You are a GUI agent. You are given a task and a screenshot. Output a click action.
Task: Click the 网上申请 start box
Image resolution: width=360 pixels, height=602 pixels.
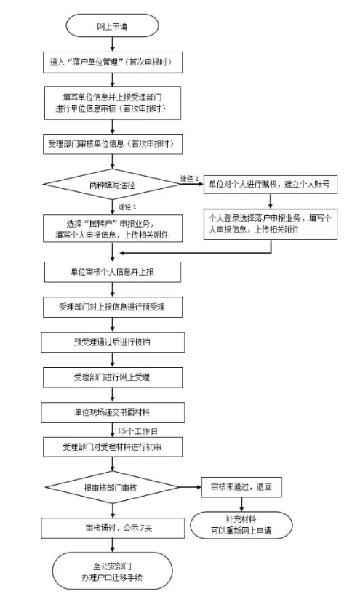click(112, 26)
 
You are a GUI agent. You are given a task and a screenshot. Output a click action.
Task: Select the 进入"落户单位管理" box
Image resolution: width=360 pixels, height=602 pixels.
click(113, 63)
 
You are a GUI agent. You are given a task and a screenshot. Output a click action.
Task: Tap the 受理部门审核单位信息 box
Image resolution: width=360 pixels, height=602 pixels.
click(113, 144)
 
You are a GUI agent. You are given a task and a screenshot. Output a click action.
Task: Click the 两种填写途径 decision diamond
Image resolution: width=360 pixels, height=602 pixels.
click(112, 185)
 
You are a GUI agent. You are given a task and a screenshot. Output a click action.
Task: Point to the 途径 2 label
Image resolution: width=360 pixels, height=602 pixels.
click(190, 179)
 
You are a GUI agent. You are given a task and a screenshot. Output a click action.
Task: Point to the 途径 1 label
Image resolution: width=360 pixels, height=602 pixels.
click(127, 207)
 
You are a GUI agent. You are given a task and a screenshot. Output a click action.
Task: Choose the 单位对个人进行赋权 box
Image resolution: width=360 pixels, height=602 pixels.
click(270, 184)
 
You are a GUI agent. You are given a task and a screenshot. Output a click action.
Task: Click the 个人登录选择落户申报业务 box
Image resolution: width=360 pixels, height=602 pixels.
click(270, 224)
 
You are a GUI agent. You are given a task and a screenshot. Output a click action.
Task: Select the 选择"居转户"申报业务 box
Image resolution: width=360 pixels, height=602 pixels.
click(113, 228)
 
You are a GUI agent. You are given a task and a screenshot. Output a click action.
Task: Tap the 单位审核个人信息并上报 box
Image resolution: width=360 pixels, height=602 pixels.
click(113, 272)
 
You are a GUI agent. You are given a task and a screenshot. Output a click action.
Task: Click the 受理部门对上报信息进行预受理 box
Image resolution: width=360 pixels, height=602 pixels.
click(113, 307)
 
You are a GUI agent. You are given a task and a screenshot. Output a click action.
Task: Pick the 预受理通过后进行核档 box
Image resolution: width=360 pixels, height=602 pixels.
click(113, 342)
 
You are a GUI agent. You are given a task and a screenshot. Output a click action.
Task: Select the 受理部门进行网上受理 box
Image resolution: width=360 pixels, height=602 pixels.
click(113, 377)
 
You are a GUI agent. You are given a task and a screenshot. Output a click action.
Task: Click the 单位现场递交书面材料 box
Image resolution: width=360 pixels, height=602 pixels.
click(113, 412)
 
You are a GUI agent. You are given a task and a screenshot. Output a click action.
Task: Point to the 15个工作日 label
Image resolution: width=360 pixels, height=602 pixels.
click(137, 431)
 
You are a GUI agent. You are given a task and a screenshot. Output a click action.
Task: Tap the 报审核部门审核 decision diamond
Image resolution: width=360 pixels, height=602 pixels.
click(112, 488)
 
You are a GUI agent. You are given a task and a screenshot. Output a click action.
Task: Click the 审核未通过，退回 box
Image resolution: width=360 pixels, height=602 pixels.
click(241, 487)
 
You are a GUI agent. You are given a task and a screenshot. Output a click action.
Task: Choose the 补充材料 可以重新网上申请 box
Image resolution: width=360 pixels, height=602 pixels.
click(241, 525)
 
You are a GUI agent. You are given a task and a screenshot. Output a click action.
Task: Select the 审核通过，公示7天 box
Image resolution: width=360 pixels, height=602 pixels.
click(113, 528)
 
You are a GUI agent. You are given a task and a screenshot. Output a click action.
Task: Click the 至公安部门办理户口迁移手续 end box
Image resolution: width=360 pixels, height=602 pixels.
click(113, 571)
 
